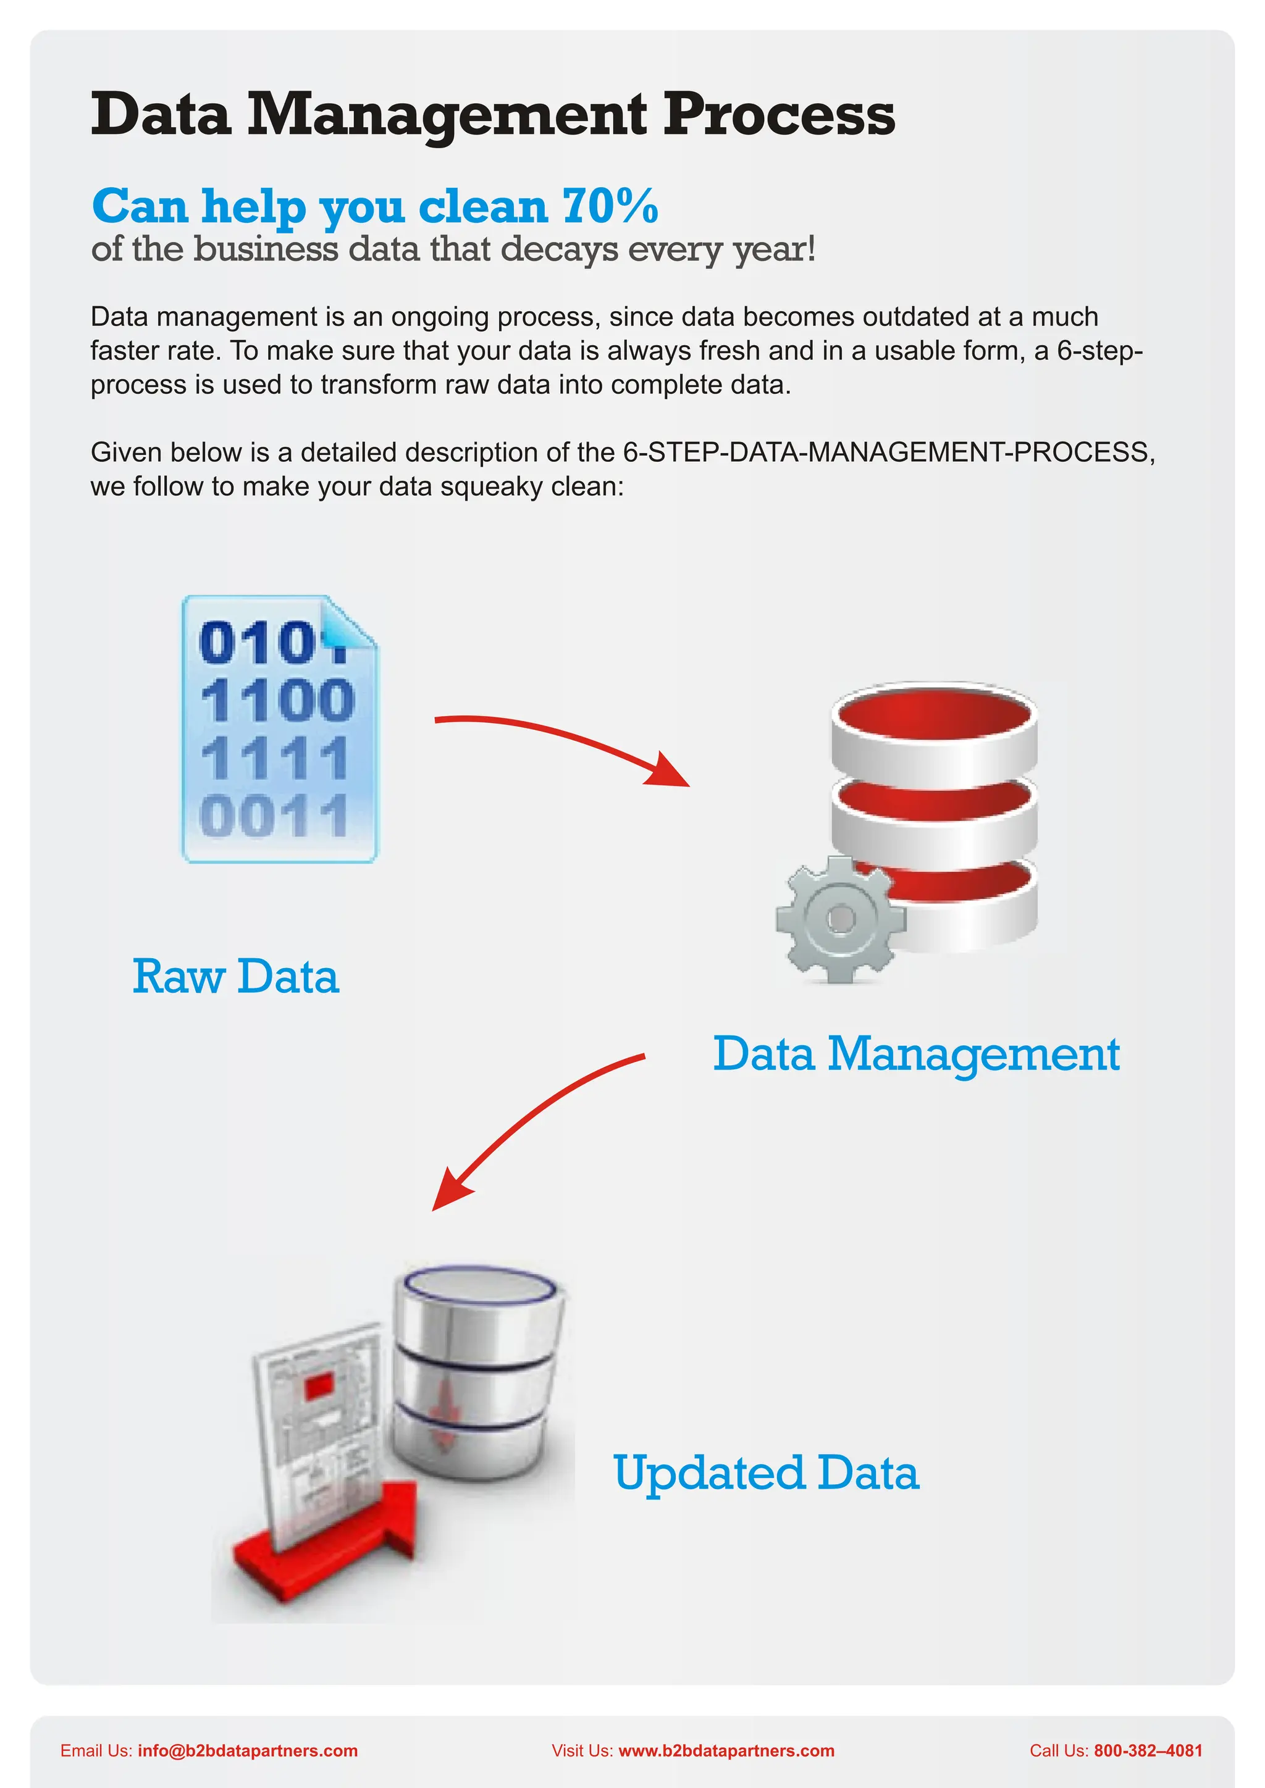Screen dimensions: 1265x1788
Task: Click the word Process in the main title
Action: pyautogui.click(x=778, y=114)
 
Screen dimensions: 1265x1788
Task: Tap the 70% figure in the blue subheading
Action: pyautogui.click(x=610, y=206)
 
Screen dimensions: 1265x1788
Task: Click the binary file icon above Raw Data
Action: pyautogui.click(x=279, y=730)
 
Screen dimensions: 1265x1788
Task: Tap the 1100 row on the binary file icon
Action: pyautogui.click(x=277, y=700)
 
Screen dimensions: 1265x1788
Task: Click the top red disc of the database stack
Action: pyautogui.click(x=934, y=715)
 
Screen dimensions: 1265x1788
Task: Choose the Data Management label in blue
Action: pyautogui.click(x=916, y=1055)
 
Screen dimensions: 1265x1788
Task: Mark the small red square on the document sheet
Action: pyautogui.click(x=319, y=1387)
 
